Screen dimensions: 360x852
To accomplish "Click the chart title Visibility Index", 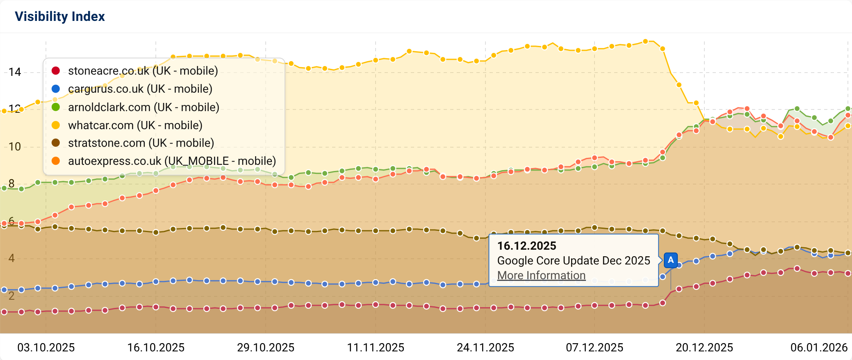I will point(60,16).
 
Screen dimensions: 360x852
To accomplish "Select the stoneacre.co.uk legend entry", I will point(142,71).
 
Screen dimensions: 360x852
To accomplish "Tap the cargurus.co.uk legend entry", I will point(140,89).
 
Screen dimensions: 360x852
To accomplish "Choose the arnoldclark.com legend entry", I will point(143,107).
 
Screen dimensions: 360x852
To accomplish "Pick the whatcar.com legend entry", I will point(135,125).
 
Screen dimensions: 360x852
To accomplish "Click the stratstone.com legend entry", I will point(141,143).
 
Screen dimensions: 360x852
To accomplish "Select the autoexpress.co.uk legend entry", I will point(171,161).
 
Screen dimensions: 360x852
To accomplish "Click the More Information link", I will point(541,276).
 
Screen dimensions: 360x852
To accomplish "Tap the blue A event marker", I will point(670,260).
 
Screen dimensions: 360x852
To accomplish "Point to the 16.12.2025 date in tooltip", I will point(526,246).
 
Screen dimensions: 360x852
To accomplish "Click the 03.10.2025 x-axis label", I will point(46,348).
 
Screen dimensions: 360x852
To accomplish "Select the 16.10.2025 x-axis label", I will point(156,348).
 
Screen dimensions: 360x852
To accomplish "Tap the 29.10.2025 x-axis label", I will point(266,348).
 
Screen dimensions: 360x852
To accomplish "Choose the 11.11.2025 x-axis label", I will point(376,348).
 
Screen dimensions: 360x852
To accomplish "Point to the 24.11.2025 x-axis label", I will point(485,348).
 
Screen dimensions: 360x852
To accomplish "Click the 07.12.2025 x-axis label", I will point(595,348).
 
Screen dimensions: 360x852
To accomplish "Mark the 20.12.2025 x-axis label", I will point(704,348).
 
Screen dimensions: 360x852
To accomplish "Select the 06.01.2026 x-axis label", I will point(819,348).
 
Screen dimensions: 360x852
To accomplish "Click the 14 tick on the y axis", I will point(15,72).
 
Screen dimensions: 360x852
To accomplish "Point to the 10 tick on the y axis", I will point(15,147).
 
